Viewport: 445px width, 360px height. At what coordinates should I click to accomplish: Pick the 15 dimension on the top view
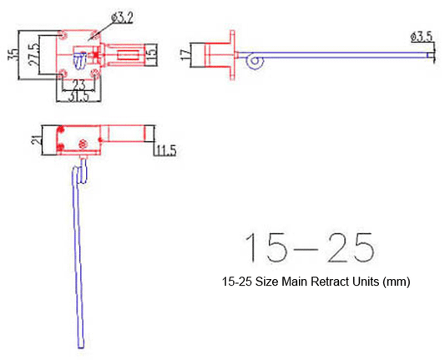point(150,55)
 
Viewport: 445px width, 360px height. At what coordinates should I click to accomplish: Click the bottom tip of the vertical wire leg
point(79,346)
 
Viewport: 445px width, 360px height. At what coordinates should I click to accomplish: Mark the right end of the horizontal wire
point(431,56)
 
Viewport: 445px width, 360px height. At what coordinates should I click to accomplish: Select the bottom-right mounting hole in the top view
point(99,74)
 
